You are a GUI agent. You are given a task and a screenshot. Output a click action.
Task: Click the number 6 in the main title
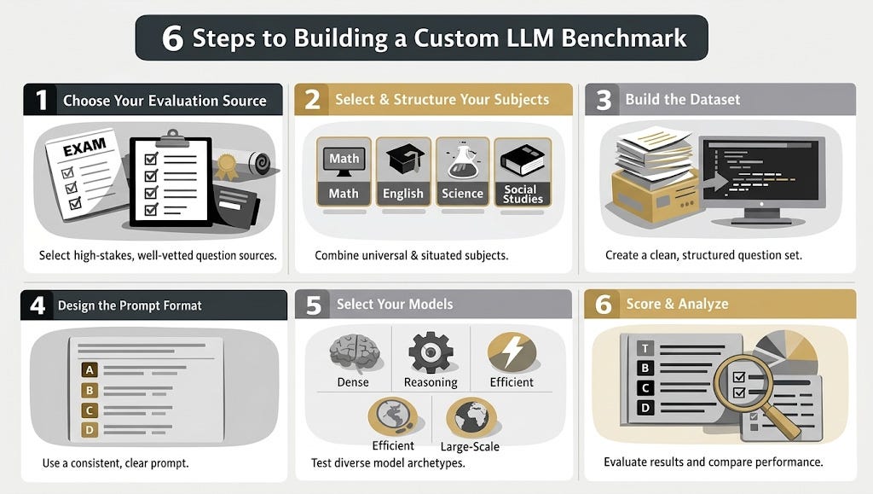click(172, 38)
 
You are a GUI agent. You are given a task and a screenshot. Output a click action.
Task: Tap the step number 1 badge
click(39, 100)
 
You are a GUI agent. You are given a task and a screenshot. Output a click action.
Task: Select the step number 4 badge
click(37, 305)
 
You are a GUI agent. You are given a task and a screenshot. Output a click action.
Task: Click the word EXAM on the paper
click(84, 147)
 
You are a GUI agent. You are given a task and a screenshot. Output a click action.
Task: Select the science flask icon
click(462, 159)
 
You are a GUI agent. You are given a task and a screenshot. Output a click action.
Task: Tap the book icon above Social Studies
click(522, 159)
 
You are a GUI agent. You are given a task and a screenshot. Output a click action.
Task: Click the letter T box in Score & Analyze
click(645, 346)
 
